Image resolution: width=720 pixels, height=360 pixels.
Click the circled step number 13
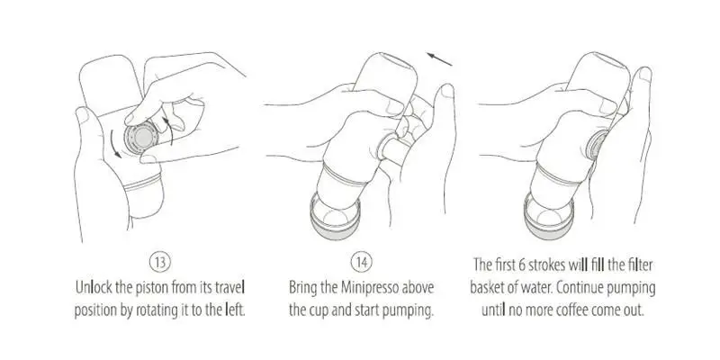tap(160, 263)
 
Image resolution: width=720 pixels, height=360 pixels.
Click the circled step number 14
tap(362, 263)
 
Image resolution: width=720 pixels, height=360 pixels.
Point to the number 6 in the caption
tap(522, 265)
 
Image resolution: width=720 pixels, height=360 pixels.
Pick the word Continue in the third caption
tap(580, 288)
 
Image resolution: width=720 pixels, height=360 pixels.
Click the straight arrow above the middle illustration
tap(439, 59)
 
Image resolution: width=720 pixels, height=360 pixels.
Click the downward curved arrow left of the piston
tap(115, 144)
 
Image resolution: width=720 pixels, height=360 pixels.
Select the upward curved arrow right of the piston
tap(168, 130)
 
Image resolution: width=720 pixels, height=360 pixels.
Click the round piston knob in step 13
tap(142, 139)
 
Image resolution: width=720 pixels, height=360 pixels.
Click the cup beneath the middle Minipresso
tap(337, 216)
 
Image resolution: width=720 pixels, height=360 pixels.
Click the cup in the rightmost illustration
tap(549, 216)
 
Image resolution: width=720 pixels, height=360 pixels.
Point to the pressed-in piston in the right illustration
tap(598, 145)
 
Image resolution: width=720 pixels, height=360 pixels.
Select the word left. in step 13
tap(234, 310)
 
